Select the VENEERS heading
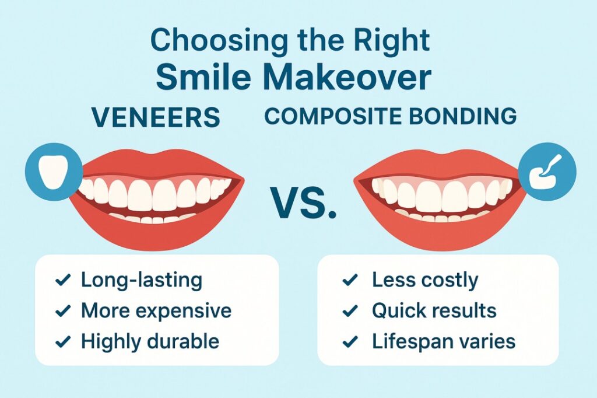(x=156, y=117)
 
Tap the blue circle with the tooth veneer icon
(x=54, y=172)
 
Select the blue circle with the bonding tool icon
(x=547, y=172)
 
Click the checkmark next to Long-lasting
(x=63, y=280)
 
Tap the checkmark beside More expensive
(x=63, y=310)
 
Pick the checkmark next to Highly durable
(x=63, y=341)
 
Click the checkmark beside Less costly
(x=350, y=280)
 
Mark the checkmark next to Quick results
(x=350, y=310)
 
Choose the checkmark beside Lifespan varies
(x=350, y=341)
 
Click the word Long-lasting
(x=142, y=281)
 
